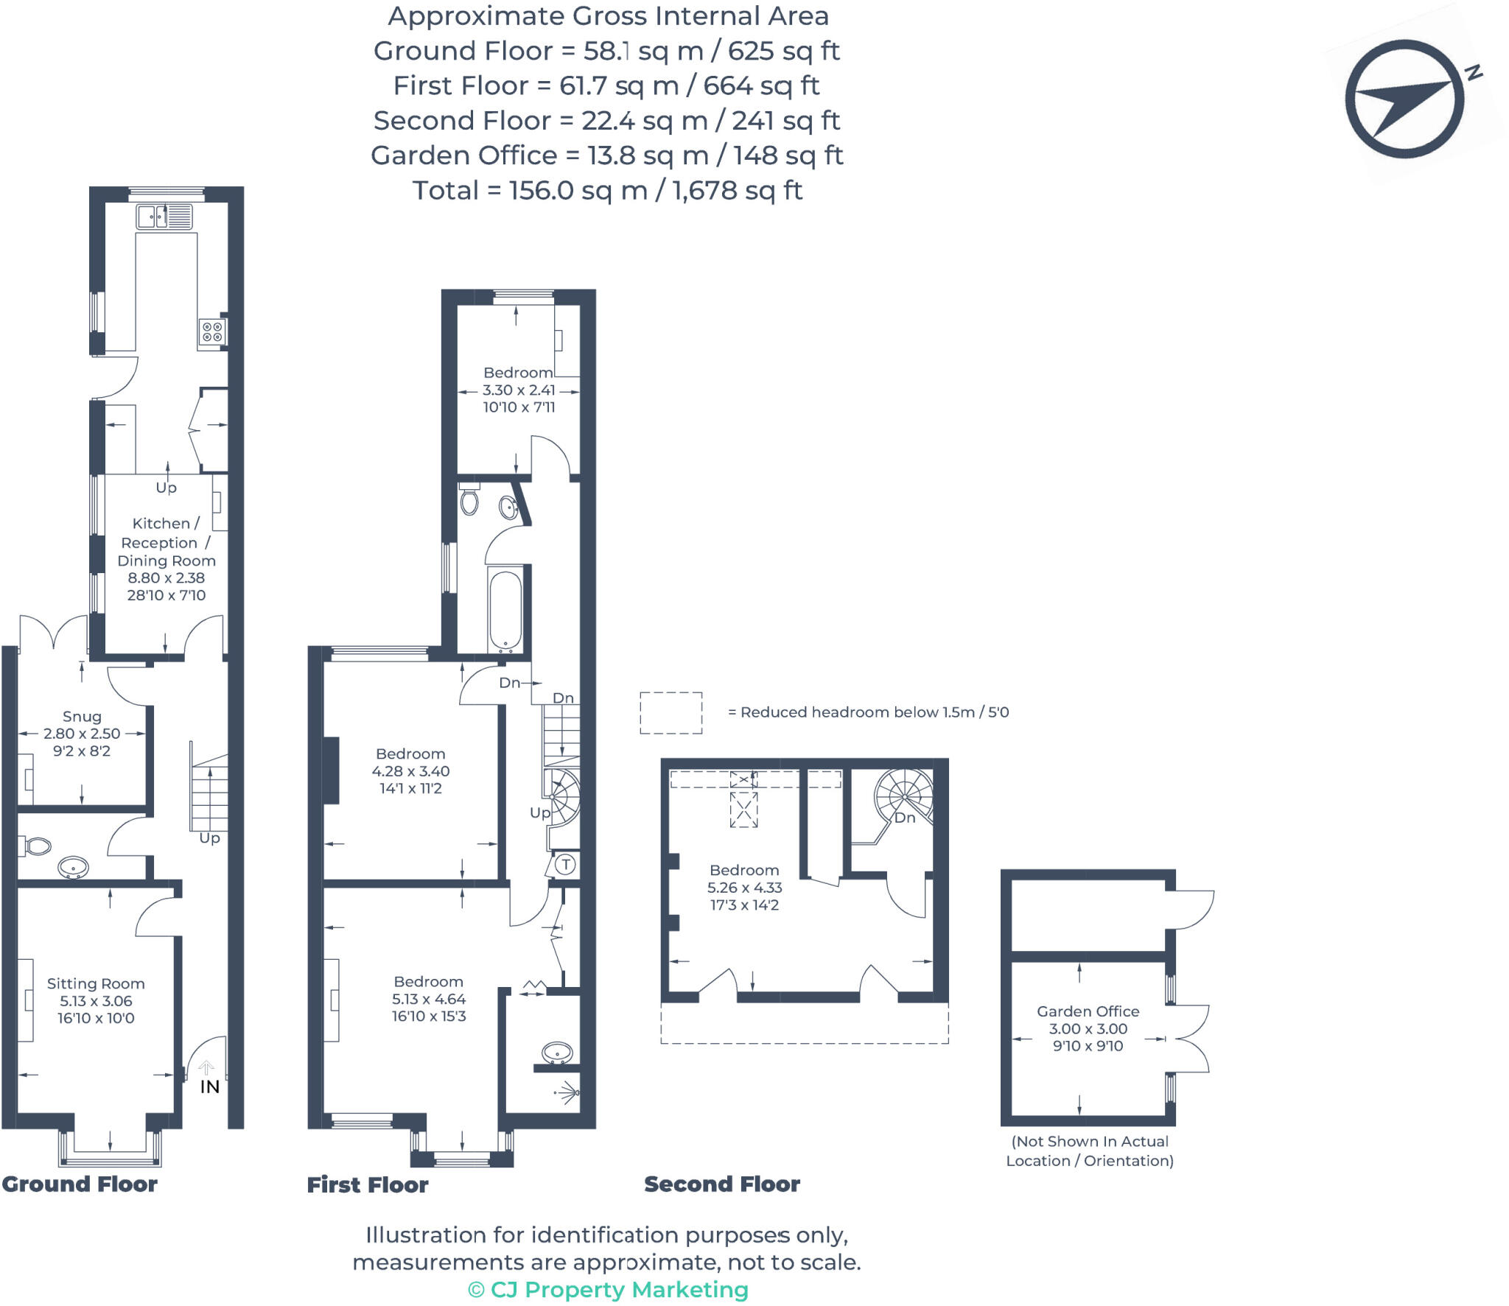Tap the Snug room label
[82, 716]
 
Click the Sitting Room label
[96, 983]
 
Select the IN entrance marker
[209, 1086]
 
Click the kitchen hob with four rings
[212, 332]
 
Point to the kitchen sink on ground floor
[164, 217]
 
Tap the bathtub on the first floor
[505, 610]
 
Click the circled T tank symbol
[565, 864]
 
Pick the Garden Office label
[1088, 1011]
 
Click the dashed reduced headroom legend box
[671, 712]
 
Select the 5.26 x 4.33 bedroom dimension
[744, 888]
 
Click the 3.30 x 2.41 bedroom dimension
[519, 390]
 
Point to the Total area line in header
[606, 191]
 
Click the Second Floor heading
[721, 1184]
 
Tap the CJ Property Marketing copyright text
[608, 1290]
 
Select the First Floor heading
[367, 1184]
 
